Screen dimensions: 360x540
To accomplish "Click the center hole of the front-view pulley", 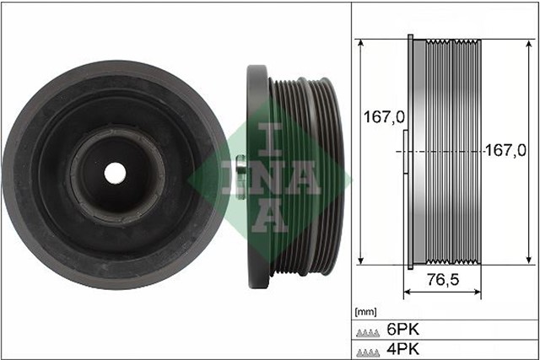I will click(115, 172).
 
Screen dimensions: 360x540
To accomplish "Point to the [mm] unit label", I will click(366, 312).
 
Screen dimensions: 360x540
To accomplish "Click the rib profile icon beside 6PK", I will click(368, 331).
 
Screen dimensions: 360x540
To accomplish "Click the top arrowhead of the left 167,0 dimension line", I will click(361, 41).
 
